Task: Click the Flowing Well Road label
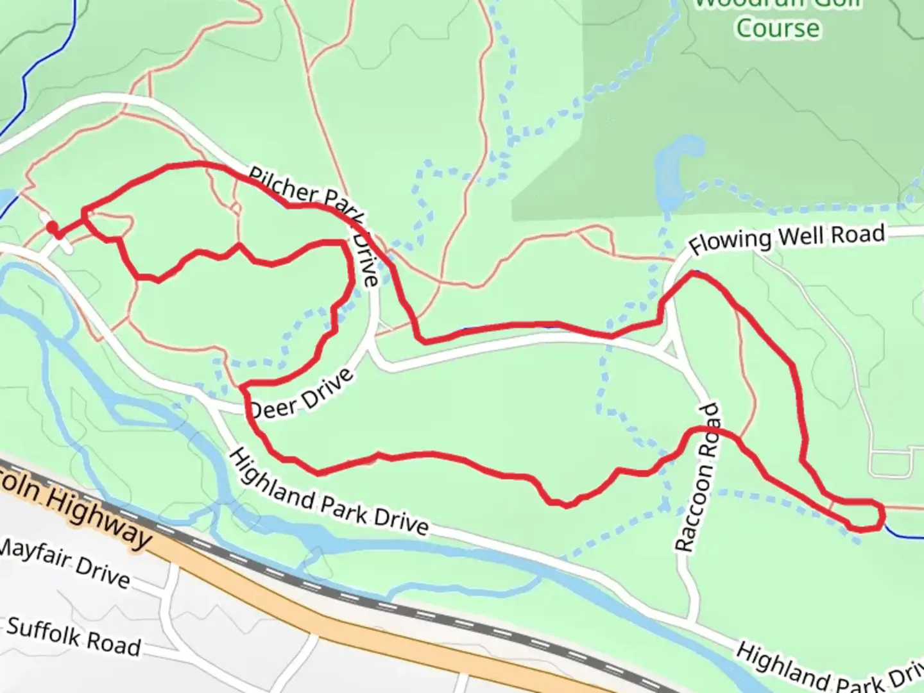click(787, 239)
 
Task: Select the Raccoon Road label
click(697, 478)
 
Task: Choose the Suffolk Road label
click(73, 636)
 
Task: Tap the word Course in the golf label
click(778, 28)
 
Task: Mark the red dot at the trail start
click(52, 227)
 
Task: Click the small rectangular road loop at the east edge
click(892, 463)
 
